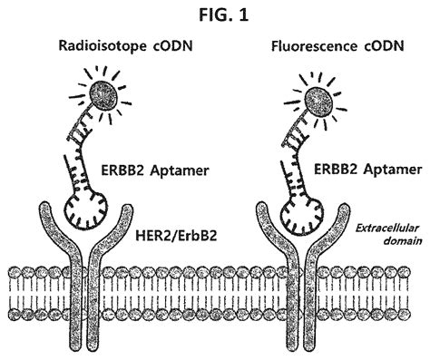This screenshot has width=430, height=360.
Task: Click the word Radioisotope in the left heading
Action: [94, 48]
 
